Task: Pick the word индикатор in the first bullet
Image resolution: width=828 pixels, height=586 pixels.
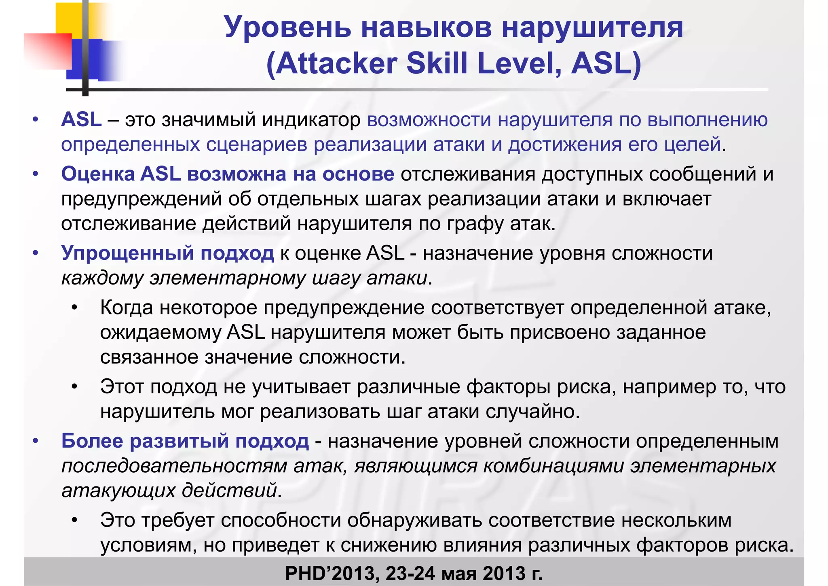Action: [311, 120]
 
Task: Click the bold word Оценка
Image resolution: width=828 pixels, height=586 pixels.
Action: [98, 174]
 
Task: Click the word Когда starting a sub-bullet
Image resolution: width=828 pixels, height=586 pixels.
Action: [127, 308]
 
